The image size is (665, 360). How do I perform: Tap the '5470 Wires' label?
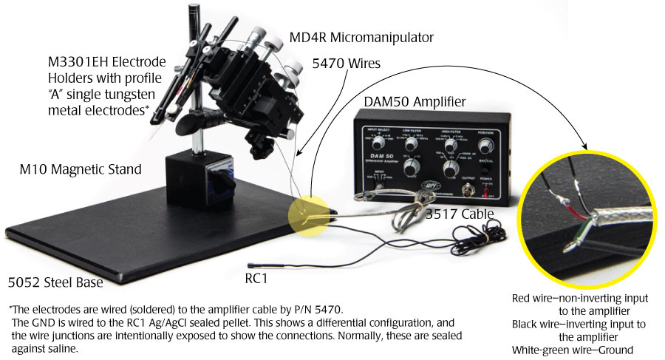click(x=347, y=64)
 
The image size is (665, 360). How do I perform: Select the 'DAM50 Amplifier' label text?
click(x=415, y=101)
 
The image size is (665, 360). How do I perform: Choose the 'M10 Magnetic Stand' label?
click(x=80, y=170)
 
